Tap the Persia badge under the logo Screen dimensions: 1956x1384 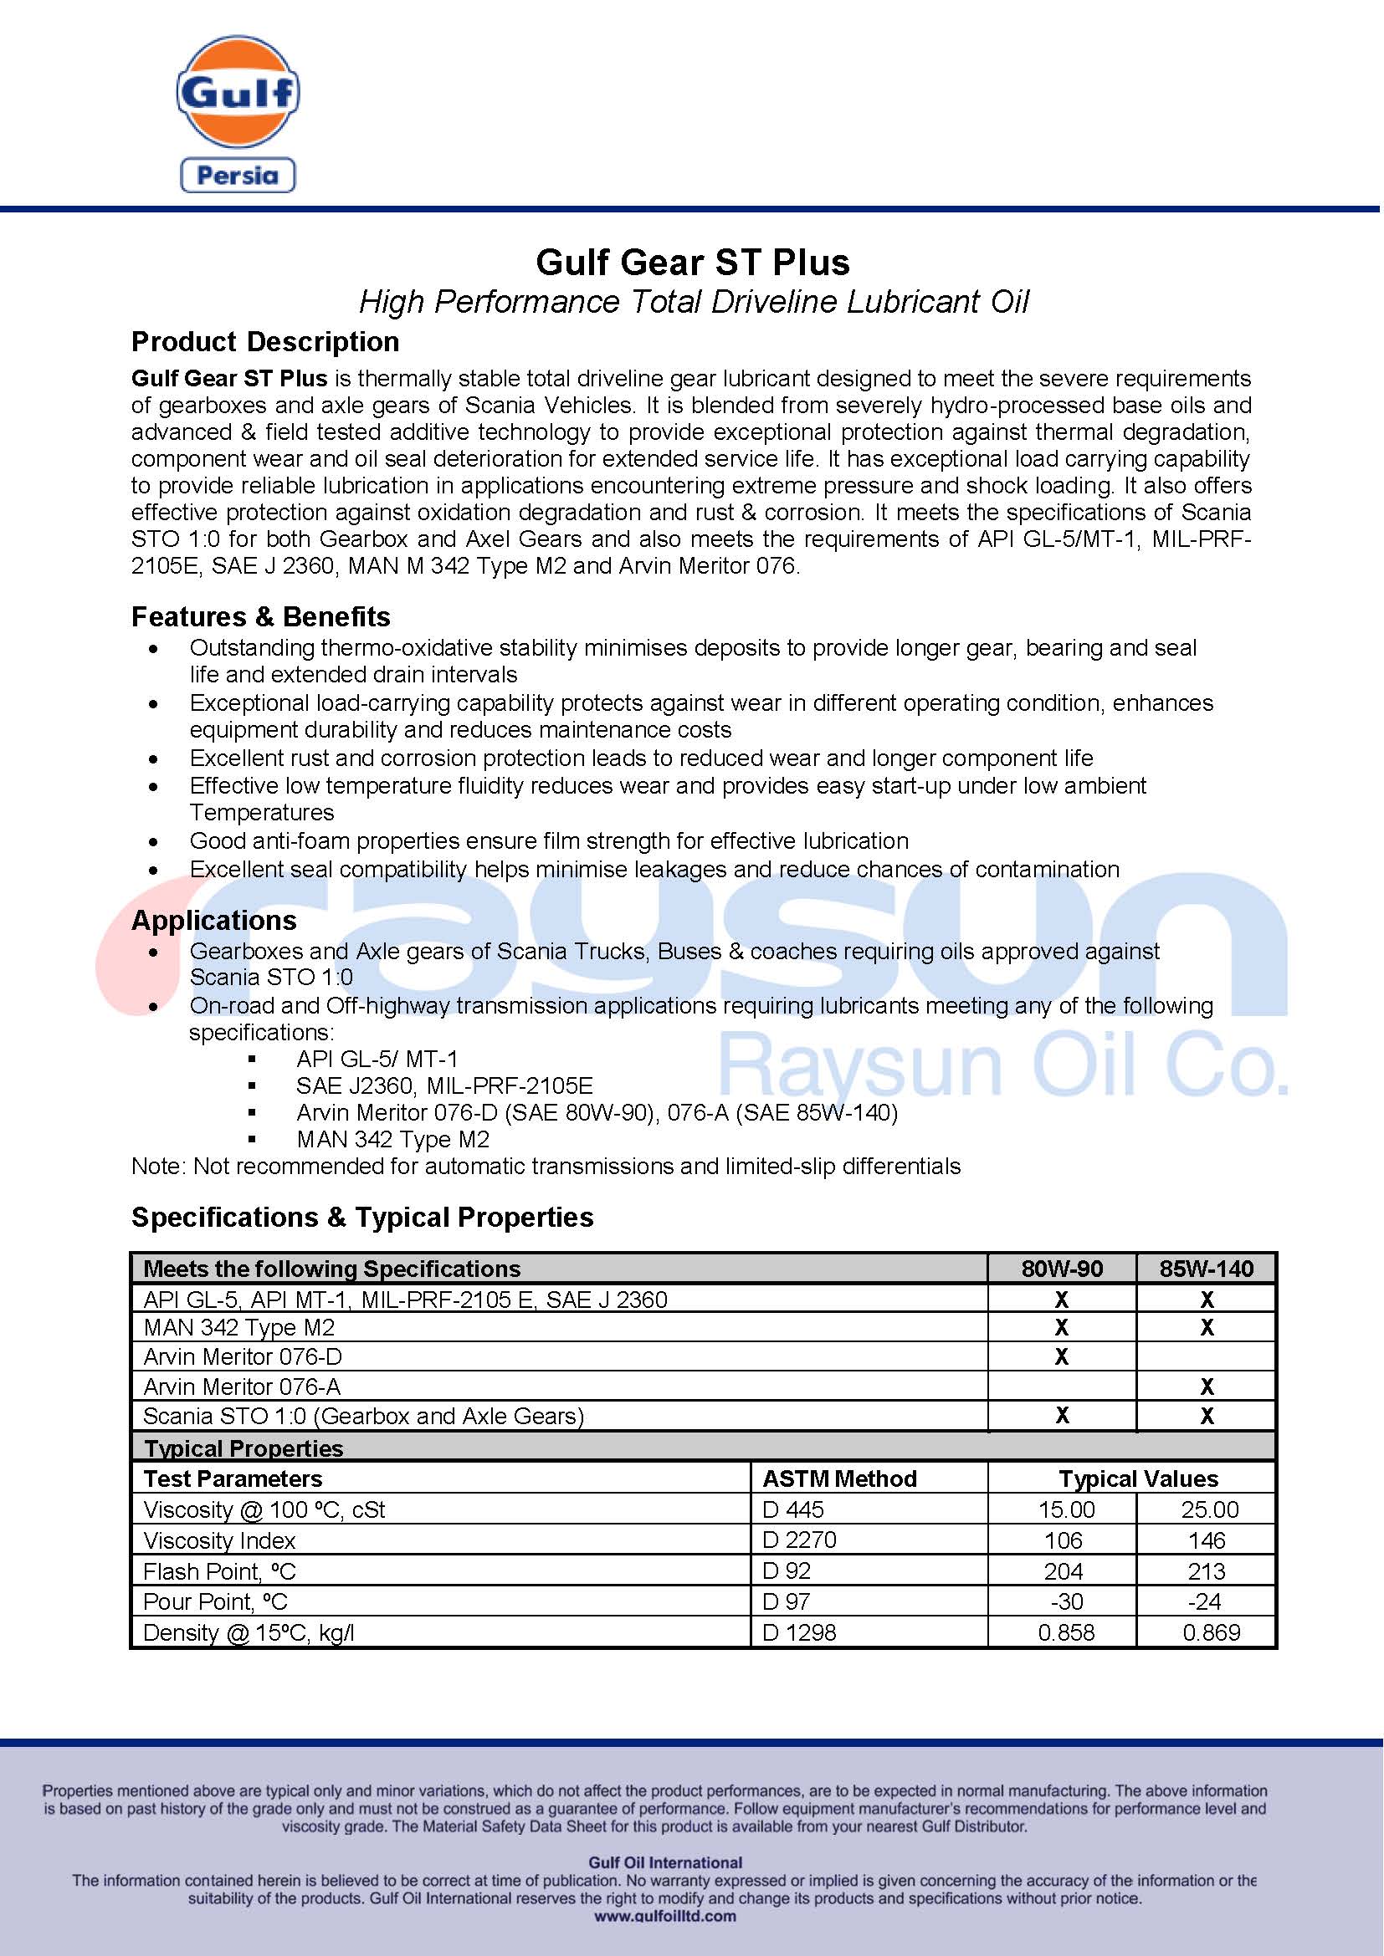pos(238,176)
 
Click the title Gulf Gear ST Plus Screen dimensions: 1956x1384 pos(692,263)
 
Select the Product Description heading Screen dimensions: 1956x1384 pos(265,342)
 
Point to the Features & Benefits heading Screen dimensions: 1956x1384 pos(261,616)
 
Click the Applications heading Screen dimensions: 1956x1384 pos(214,920)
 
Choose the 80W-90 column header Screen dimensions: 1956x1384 pos(1061,1269)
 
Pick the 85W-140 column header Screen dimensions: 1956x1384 pos(1206,1269)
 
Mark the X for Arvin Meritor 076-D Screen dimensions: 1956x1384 pos(1061,1356)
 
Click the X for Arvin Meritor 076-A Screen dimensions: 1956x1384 pos(1207,1386)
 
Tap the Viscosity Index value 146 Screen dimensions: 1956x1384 pos(1207,1540)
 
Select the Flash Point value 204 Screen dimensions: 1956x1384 pos(1063,1571)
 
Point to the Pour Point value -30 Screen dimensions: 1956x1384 pos(1065,1601)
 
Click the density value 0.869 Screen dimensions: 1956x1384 pos(1211,1632)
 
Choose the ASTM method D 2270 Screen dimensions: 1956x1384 pos(799,1540)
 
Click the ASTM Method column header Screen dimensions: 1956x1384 pos(839,1479)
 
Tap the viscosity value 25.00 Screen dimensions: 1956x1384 pos(1209,1509)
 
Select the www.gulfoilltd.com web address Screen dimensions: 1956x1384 pos(664,1916)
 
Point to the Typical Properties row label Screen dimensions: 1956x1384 pos(243,1448)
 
